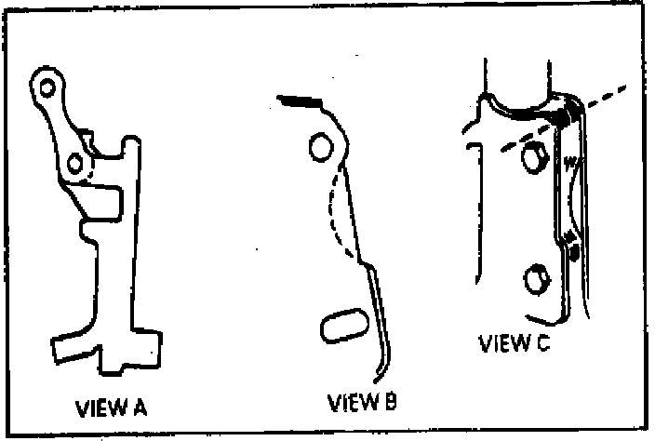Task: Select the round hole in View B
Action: click(x=318, y=146)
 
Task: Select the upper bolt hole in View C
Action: click(x=532, y=159)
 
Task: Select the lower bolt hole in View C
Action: click(x=535, y=277)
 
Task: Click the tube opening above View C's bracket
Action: click(x=521, y=93)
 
